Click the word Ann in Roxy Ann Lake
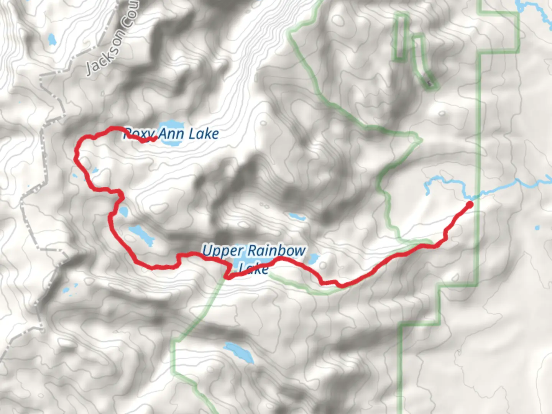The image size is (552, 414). [x=171, y=134]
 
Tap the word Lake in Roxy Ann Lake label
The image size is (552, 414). [x=204, y=134]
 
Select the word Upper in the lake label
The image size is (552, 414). [x=222, y=251]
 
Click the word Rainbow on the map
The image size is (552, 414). [x=282, y=251]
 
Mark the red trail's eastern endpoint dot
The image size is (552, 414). [x=469, y=204]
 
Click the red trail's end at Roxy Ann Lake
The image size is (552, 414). [x=154, y=139]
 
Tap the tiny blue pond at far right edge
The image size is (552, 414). [x=537, y=228]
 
